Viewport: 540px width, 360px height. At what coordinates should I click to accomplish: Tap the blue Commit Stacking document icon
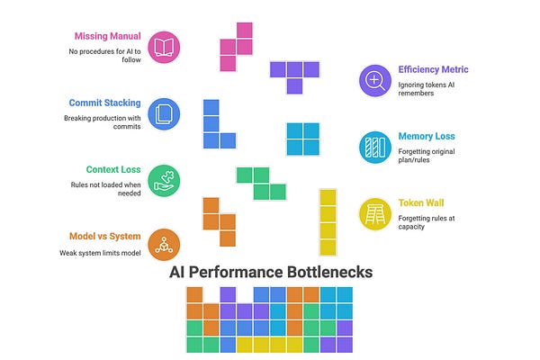[x=164, y=113]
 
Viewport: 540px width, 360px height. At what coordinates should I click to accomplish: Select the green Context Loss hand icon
[x=164, y=179]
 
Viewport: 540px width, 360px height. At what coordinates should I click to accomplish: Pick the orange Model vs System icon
[x=164, y=245]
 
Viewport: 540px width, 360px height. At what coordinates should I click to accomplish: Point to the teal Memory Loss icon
[x=374, y=147]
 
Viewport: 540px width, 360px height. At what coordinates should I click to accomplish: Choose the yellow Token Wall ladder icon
[x=374, y=213]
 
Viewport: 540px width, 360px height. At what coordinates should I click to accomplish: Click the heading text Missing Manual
[x=107, y=37]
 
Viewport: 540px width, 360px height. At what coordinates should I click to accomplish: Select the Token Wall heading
[x=423, y=202]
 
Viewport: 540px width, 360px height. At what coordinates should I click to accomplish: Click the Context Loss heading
[x=112, y=169]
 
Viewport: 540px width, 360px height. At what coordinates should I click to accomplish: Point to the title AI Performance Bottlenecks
[x=268, y=272]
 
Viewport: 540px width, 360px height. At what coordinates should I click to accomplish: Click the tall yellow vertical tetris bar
[x=328, y=221]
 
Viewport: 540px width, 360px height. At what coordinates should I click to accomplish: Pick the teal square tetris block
[x=303, y=139]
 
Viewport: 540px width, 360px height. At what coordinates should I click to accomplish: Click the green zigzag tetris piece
[x=261, y=183]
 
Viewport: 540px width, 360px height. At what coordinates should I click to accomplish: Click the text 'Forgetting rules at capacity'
[x=427, y=220]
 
